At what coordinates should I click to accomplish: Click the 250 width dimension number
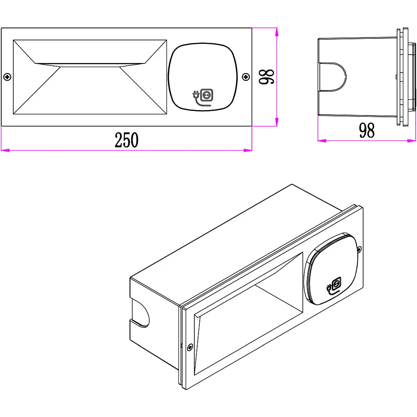[127, 140]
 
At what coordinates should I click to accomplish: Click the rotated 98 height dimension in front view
[266, 77]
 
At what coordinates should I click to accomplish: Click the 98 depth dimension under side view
[367, 130]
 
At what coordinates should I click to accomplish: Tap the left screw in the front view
[7, 77]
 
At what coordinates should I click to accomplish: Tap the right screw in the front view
[246, 77]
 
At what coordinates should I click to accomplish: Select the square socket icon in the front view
[207, 95]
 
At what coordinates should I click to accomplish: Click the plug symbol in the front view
[196, 94]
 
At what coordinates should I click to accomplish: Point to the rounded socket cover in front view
[203, 77]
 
